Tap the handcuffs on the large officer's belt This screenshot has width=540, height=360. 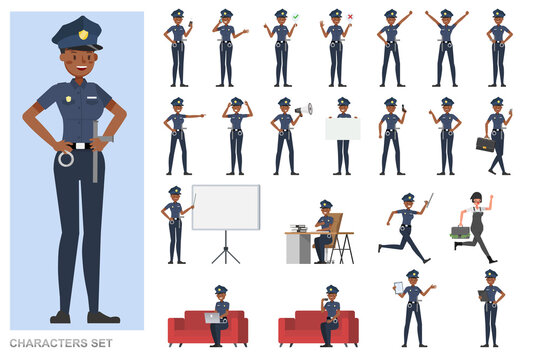click(x=66, y=158)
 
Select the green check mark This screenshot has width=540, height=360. click(x=296, y=16)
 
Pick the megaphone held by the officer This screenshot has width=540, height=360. click(x=303, y=108)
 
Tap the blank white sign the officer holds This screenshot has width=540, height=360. click(x=342, y=129)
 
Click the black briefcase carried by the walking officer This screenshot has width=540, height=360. click(x=484, y=144)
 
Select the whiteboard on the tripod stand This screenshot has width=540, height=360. click(x=225, y=207)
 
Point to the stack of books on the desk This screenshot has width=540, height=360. click(x=297, y=228)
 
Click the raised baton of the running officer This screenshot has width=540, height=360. click(x=428, y=203)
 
